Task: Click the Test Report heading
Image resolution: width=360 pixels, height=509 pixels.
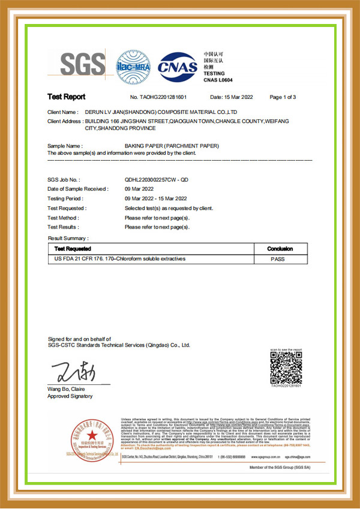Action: click(x=67, y=97)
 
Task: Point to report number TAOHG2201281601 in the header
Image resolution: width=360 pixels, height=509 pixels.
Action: click(x=167, y=97)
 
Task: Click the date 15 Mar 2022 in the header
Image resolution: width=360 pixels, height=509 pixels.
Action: click(x=231, y=97)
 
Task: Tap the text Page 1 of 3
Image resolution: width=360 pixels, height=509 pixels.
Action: click(x=283, y=97)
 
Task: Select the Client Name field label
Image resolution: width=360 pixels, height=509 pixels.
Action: click(x=62, y=112)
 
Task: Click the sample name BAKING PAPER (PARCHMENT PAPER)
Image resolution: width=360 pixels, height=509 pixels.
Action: click(x=172, y=146)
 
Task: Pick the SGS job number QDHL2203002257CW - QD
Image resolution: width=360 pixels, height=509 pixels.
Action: click(x=156, y=180)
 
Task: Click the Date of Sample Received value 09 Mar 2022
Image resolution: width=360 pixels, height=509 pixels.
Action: click(x=140, y=189)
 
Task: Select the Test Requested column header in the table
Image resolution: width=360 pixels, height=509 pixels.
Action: click(x=73, y=248)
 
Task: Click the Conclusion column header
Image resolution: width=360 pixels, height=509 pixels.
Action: click(x=280, y=248)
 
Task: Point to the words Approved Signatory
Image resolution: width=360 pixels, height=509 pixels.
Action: click(x=70, y=396)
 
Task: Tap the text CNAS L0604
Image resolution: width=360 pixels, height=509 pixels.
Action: click(x=218, y=80)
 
